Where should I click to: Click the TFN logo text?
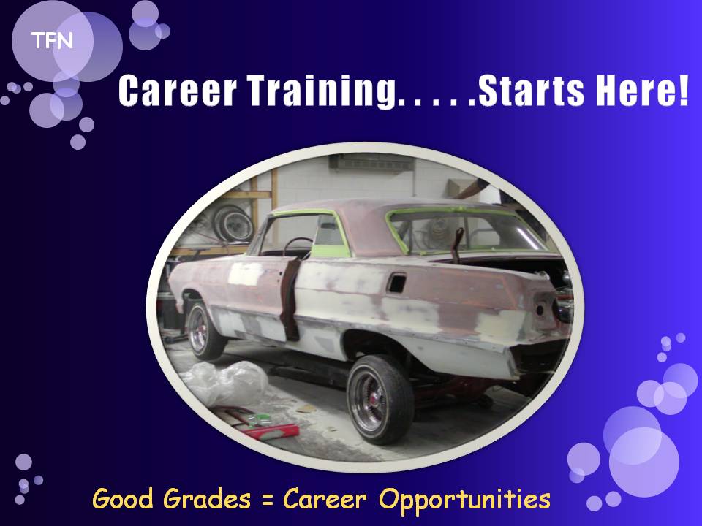tap(52, 41)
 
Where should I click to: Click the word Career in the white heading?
tap(177, 91)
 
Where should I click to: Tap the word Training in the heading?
tap(322, 91)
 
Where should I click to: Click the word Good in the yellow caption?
tap(123, 498)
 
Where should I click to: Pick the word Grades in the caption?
tap(206, 498)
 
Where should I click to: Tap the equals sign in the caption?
tap(267, 500)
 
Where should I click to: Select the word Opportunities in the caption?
tap(465, 500)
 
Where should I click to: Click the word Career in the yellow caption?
tap(325, 498)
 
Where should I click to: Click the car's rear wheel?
tap(380, 400)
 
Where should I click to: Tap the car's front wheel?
tap(204, 330)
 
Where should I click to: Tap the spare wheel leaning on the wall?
tap(233, 224)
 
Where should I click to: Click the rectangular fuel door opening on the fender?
tap(396, 283)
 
